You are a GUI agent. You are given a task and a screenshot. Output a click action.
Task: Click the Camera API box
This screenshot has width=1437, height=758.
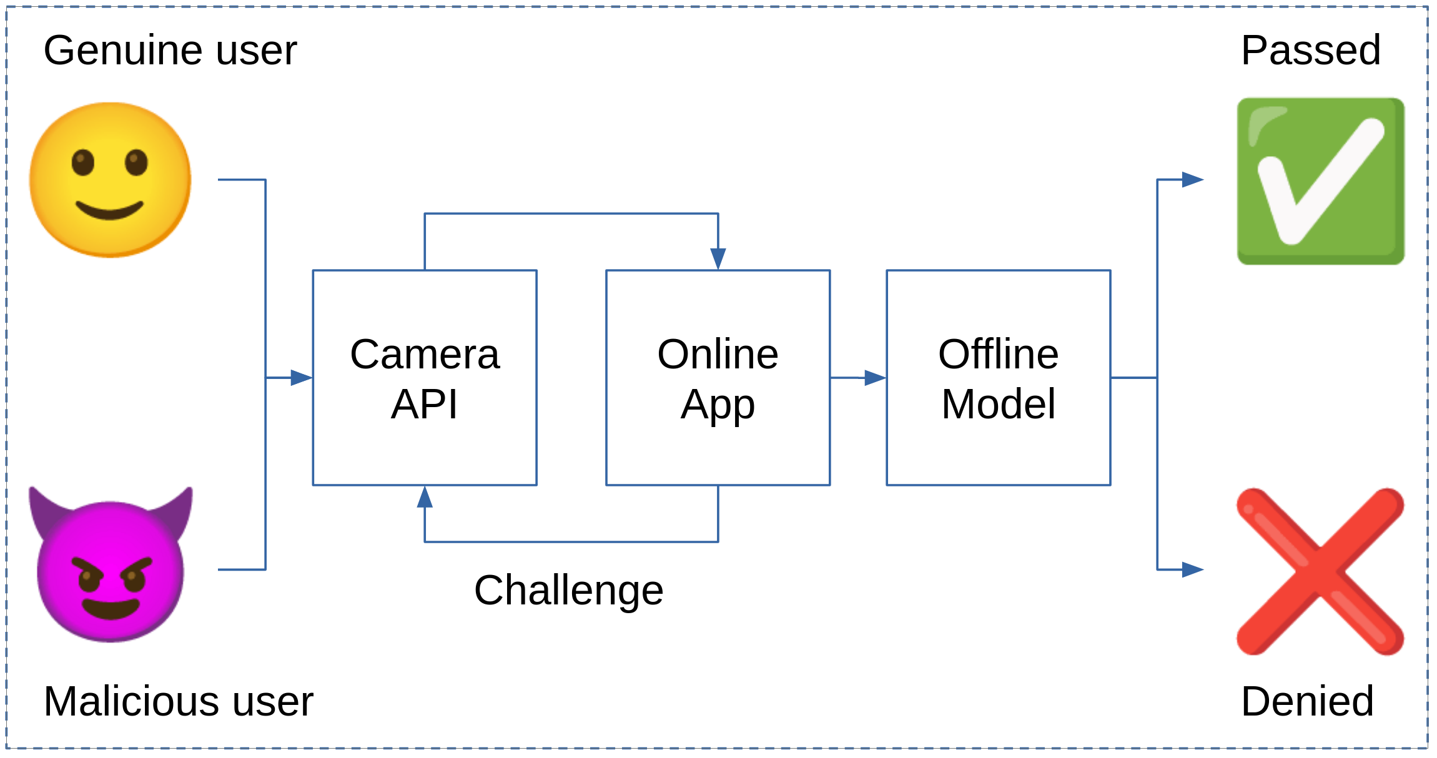pos(425,378)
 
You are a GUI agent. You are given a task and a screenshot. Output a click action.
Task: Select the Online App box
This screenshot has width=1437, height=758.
pos(718,378)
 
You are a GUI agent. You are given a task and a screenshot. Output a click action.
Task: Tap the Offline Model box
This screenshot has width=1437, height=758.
pos(998,378)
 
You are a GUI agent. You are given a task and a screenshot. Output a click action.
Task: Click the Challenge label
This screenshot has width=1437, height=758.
pos(568,590)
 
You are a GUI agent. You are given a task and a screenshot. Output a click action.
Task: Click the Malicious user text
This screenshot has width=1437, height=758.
pos(178,701)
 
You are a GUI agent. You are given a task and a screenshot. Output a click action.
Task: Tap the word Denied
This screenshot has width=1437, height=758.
pos(1307,701)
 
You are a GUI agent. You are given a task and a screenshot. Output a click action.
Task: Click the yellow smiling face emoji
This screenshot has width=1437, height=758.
pos(111,180)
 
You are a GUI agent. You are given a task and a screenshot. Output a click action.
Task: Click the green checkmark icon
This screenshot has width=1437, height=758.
pos(1320,181)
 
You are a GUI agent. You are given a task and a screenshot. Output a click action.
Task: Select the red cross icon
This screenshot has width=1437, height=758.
pos(1320,571)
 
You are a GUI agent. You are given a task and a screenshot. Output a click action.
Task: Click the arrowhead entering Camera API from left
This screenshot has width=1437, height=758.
pos(302,378)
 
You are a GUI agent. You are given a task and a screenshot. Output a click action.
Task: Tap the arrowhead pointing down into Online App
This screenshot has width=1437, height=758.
pos(718,258)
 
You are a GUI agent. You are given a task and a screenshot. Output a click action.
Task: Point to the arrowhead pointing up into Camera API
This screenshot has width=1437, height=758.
pos(425,498)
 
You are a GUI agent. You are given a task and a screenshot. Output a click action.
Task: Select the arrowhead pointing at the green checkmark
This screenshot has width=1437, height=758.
pos(1192,180)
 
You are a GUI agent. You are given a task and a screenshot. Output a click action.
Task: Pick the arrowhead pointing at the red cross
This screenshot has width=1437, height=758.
pos(1192,569)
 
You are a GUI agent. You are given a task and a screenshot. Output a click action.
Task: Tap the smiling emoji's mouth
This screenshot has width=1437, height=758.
pos(110,211)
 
